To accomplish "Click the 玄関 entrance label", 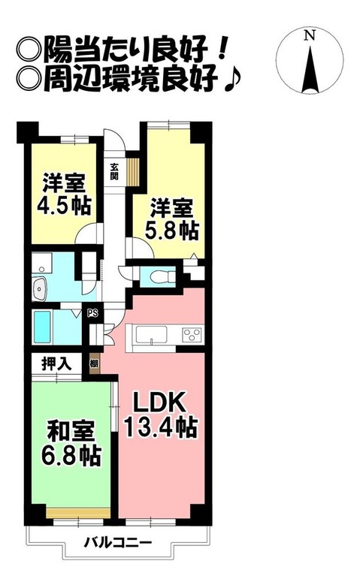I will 114,172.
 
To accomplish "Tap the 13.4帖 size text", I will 160,428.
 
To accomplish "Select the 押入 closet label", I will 57,364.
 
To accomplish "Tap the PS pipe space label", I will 92,314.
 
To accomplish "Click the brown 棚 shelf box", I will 93,363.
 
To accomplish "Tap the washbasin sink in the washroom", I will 39,286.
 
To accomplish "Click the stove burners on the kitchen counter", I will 191,335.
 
